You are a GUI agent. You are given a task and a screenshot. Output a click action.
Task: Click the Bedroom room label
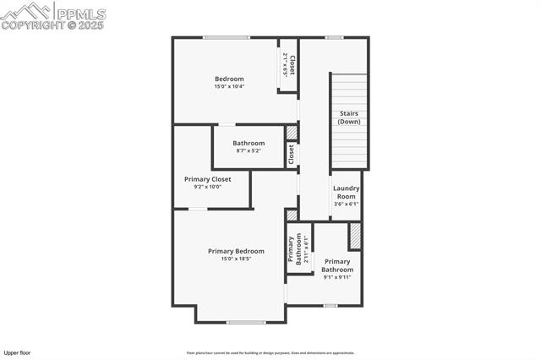click(228, 79)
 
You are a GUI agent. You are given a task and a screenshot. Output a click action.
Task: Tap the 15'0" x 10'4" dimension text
click(228, 87)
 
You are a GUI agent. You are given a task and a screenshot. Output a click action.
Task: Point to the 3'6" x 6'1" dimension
click(346, 204)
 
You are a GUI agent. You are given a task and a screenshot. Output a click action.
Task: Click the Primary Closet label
click(207, 179)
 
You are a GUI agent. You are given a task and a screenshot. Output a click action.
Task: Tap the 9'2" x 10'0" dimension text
click(207, 187)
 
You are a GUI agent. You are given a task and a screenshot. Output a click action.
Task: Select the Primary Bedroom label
click(236, 251)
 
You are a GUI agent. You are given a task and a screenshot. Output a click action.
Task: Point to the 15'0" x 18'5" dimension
click(236, 259)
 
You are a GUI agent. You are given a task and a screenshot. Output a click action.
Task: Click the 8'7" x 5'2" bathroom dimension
click(249, 151)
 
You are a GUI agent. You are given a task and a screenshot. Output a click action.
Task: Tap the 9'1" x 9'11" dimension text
click(336, 277)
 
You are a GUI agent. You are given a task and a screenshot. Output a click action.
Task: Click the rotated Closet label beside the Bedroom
click(289, 65)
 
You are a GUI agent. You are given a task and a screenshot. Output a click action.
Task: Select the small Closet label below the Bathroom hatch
click(292, 155)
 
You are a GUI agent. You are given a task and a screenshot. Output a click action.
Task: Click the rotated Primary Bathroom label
click(296, 250)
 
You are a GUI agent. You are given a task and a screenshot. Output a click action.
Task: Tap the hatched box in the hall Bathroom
click(292, 133)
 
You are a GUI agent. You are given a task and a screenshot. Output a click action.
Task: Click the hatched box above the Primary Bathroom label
click(355, 236)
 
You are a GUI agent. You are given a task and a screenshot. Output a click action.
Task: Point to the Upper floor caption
click(18, 352)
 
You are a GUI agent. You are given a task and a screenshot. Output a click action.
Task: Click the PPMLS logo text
click(80, 14)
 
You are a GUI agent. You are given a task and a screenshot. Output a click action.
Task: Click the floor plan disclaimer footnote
click(270, 353)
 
